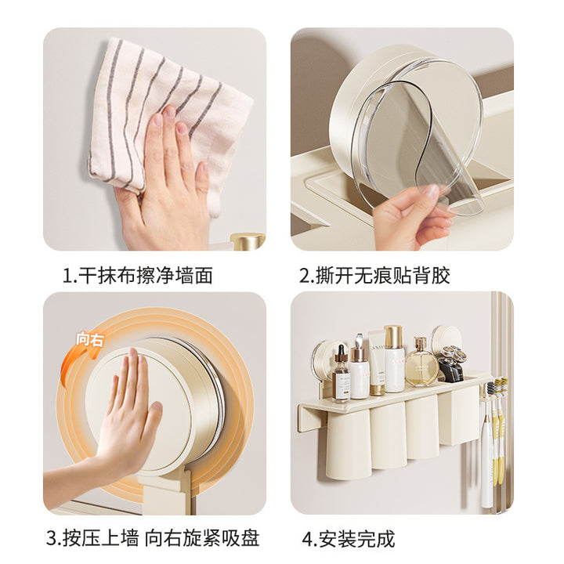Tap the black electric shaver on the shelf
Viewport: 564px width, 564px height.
click(x=452, y=363)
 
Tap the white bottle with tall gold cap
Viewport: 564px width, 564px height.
click(x=393, y=359)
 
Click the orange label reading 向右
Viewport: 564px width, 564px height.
click(x=89, y=339)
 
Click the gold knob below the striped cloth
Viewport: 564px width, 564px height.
click(x=248, y=241)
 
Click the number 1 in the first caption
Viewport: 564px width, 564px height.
click(x=67, y=276)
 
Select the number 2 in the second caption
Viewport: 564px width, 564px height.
click(x=305, y=276)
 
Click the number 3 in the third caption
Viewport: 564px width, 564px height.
click(x=52, y=538)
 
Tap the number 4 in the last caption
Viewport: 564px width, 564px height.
click(x=308, y=539)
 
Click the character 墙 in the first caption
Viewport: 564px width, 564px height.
click(x=184, y=276)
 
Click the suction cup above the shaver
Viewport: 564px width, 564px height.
click(x=446, y=338)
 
